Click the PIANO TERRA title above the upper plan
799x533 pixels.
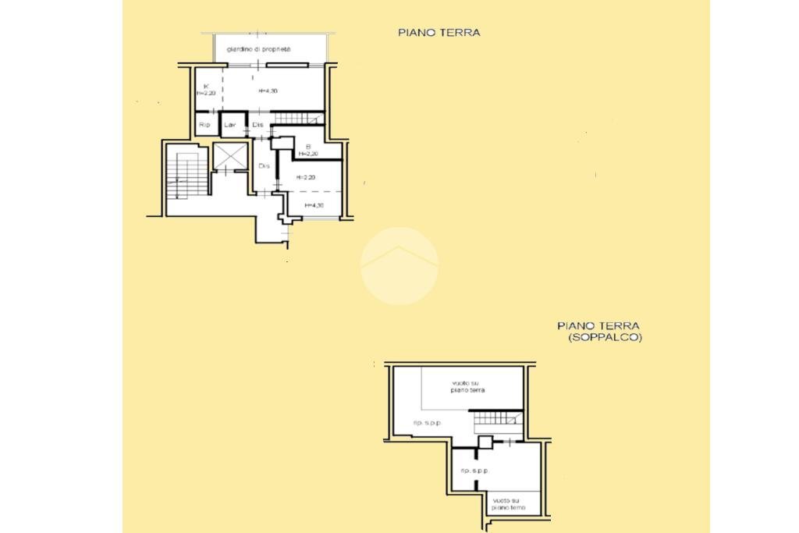point(439,33)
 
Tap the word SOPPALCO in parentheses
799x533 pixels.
point(605,338)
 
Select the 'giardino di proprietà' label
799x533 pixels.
point(258,49)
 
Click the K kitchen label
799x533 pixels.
point(206,86)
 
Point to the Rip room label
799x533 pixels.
point(204,125)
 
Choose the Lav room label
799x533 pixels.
point(230,125)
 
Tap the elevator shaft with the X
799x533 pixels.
point(230,157)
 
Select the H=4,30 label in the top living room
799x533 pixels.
point(268,92)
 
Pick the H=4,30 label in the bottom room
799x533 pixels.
point(314,205)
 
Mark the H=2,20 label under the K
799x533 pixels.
point(206,93)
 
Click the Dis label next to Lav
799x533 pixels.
point(257,125)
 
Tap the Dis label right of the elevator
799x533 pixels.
point(264,165)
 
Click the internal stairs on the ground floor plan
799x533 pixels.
point(294,117)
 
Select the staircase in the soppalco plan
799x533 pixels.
point(496,419)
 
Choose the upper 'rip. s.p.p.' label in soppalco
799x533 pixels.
point(428,423)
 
